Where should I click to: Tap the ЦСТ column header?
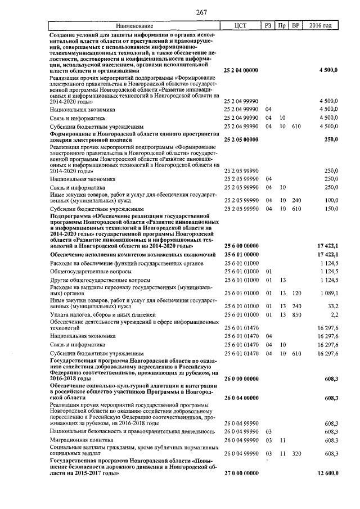[241, 26]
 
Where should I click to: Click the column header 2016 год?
[321, 26]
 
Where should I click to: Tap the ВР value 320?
[296, 453]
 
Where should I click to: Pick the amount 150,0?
[331, 209]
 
